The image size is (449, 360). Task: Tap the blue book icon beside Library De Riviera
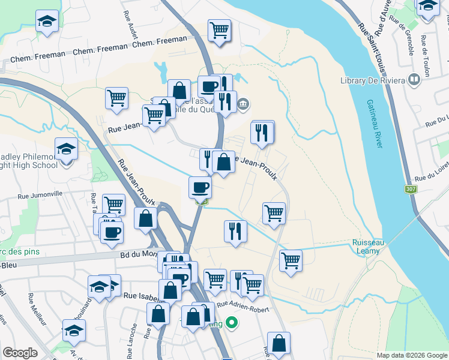coord(414,79)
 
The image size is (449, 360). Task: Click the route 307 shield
coord(411,189)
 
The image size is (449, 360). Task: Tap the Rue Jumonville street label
coord(41,195)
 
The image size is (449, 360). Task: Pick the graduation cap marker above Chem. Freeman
coord(47,21)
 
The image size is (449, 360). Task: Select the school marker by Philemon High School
coord(66,148)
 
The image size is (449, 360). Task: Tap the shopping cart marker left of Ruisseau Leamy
coord(291,260)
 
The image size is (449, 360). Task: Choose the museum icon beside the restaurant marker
coord(243,106)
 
